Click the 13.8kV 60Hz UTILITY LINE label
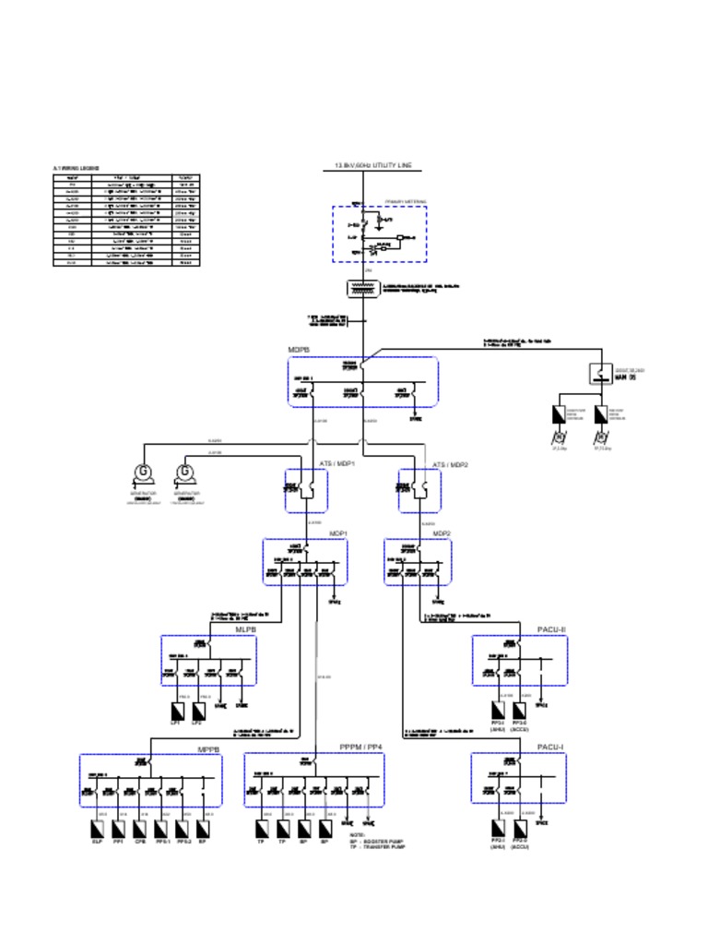point(373,165)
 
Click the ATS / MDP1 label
point(337,463)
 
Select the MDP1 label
point(338,533)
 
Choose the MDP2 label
point(442,533)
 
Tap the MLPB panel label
point(245,629)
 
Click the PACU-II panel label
point(551,629)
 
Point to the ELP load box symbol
point(97,827)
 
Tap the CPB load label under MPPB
point(140,842)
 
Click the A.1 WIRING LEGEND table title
point(77,168)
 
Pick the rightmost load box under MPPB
point(203,827)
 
